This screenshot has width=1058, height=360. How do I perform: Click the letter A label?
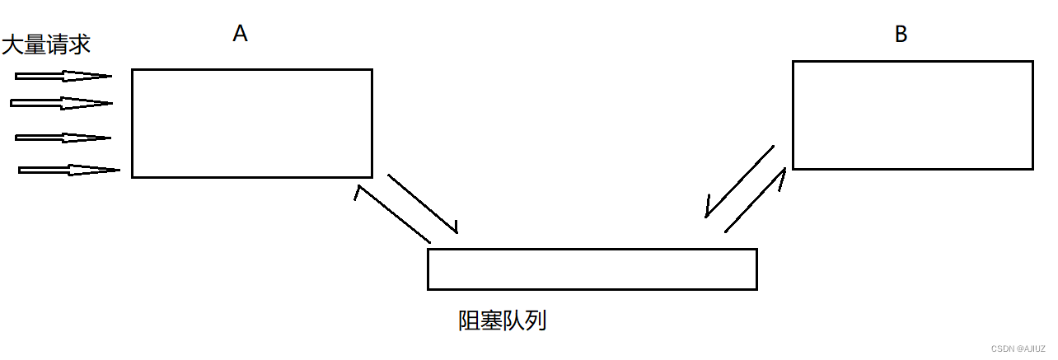click(x=240, y=33)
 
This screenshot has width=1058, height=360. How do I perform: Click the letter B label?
click(x=901, y=34)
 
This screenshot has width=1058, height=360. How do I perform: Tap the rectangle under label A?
click(x=251, y=123)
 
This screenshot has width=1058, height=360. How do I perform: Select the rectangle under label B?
click(x=912, y=115)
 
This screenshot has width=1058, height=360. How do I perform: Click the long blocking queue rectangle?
click(x=592, y=269)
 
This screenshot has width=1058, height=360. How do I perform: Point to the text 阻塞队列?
click(x=502, y=320)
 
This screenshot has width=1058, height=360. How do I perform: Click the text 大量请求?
click(x=46, y=44)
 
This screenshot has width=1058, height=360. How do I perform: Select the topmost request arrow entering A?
click(x=63, y=77)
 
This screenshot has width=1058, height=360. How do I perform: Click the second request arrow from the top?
click(x=61, y=103)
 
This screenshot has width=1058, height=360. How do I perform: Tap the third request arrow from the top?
click(x=63, y=138)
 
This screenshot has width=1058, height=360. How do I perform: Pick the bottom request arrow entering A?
click(x=68, y=171)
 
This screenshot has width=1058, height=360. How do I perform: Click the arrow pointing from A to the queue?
click(x=422, y=203)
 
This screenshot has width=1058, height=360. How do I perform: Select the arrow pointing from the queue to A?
click(x=392, y=215)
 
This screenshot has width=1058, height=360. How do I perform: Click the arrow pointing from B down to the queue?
click(x=739, y=181)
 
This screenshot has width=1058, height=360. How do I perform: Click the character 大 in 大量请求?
click(x=12, y=44)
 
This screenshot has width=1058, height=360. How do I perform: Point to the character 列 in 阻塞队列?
click(x=536, y=320)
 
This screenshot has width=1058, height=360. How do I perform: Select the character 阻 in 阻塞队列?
click(x=469, y=320)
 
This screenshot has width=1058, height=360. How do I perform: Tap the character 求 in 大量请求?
click(x=79, y=44)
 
